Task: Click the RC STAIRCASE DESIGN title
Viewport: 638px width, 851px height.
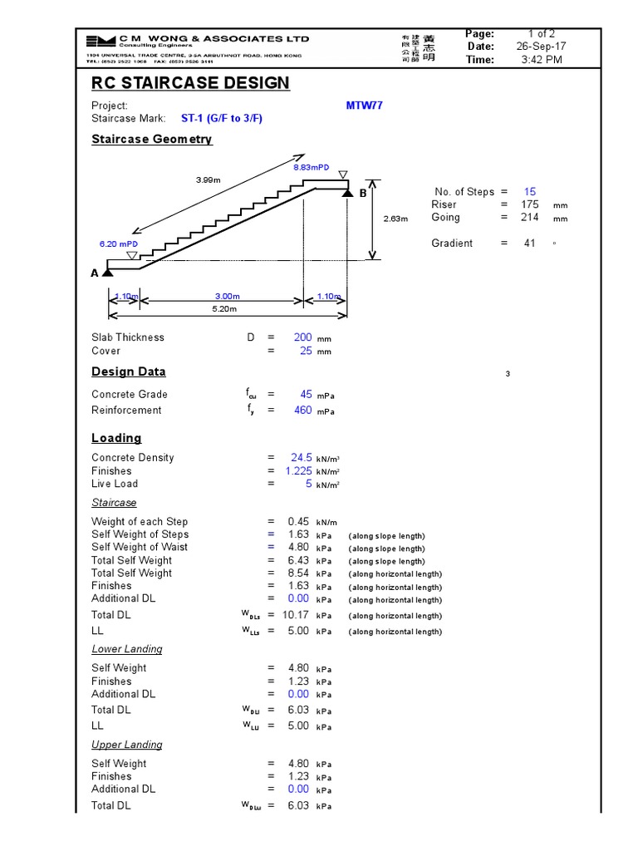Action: [x=190, y=83]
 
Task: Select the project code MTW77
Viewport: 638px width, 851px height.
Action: [x=365, y=106]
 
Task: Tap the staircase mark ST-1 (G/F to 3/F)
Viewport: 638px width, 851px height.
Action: [x=222, y=119]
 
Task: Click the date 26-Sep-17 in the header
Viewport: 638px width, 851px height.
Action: [x=542, y=47]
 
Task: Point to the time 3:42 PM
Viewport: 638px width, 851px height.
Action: [x=542, y=60]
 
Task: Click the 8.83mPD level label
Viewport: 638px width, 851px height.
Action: [x=311, y=168]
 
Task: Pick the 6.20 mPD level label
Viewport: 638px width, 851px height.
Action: [x=117, y=244]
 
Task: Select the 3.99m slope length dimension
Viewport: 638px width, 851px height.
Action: [x=209, y=180]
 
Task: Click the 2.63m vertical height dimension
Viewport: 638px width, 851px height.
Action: [x=395, y=219]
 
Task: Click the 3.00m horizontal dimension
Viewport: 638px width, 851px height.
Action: [x=227, y=297]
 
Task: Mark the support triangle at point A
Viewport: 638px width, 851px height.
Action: [x=108, y=272]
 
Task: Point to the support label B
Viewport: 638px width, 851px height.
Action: [x=362, y=193]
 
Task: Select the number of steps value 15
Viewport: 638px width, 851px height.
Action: [x=530, y=192]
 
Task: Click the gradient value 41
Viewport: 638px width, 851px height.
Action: [x=530, y=243]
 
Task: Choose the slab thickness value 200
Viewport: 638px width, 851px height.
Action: [x=302, y=337]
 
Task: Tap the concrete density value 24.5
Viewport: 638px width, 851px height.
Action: [x=301, y=458]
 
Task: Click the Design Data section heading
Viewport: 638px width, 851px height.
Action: [x=129, y=372]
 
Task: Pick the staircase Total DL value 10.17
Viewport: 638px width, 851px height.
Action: [x=295, y=616]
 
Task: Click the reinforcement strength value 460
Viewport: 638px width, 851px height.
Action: [x=302, y=411]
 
